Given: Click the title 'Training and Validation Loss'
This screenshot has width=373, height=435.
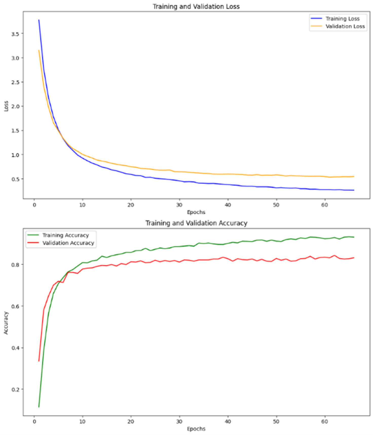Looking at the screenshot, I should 196,6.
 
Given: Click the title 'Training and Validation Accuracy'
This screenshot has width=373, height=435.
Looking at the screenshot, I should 196,223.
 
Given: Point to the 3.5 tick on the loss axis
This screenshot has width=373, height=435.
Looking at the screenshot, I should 15,34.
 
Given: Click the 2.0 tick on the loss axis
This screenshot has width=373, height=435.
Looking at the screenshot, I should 15,106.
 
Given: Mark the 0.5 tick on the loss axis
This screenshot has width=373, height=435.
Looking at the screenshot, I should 15,179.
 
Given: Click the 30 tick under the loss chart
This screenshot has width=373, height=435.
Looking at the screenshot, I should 179,205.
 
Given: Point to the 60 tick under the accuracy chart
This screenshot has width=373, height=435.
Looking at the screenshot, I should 324,422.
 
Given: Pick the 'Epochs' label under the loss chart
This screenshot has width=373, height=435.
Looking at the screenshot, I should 196,212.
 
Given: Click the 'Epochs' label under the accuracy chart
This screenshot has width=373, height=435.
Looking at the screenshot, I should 196,429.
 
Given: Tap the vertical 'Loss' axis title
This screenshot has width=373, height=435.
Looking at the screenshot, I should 6,106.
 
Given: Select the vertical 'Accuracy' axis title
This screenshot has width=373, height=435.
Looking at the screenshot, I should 6,323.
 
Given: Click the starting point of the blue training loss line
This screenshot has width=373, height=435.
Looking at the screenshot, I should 39,20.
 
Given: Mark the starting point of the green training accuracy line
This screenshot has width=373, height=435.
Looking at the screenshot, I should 39,407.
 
